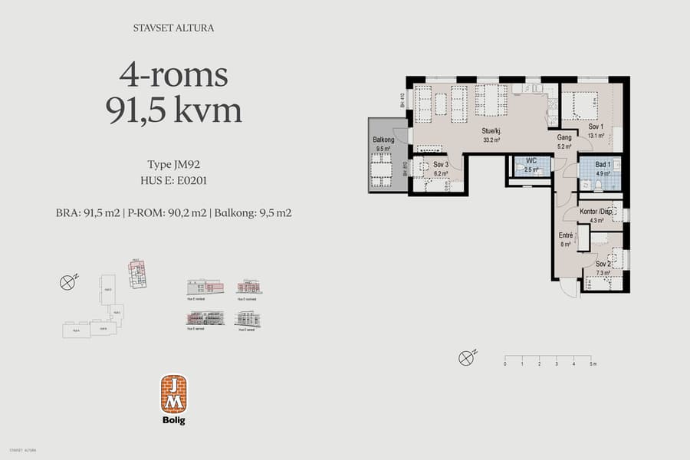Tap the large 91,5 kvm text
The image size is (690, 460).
tap(173, 111)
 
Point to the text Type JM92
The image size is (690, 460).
tap(173, 164)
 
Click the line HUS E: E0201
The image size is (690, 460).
tap(173, 181)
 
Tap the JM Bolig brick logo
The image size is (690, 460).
tap(173, 394)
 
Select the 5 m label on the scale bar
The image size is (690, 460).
tap(591, 364)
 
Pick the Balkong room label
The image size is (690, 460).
tap(383, 140)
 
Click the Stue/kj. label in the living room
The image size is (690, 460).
tap(491, 131)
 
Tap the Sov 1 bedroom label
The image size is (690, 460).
tap(596, 127)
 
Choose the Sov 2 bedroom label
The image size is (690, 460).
tap(602, 263)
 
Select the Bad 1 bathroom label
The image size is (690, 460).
tap(603, 165)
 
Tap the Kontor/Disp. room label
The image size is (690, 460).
tap(596, 212)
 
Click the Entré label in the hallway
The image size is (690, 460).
tap(566, 236)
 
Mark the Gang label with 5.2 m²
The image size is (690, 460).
tap(565, 138)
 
